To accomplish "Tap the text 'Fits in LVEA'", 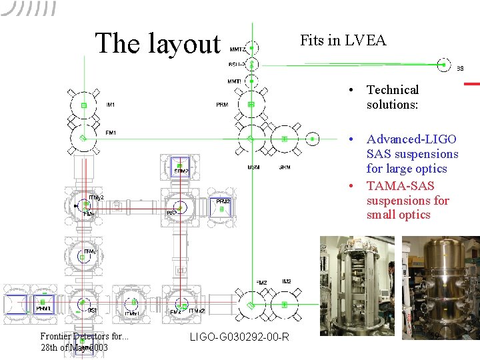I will tap(343, 40).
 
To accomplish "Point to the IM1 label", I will tap(111, 105).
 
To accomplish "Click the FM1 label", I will tap(111, 133).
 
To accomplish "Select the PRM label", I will tap(221, 105).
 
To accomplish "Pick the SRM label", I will tap(284, 167).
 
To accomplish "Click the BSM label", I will tap(253, 167).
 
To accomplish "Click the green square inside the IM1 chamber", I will tap(84, 105).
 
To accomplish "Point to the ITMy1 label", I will tap(90, 252).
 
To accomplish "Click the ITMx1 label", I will tap(131, 313).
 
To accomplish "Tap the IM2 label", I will tap(286, 282).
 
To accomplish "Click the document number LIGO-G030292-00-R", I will tap(239, 337).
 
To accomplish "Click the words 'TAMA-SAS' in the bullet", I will tap(400, 186).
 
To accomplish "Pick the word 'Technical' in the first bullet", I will tap(393, 90).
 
